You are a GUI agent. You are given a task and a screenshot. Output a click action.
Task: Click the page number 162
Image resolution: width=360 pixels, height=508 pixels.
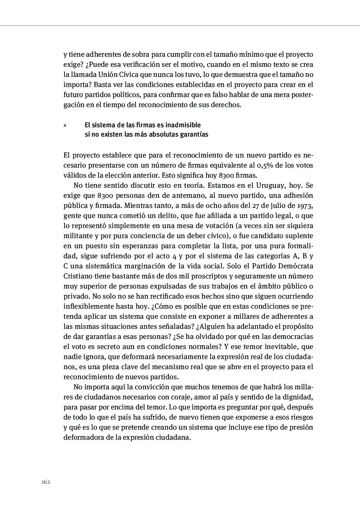(x=46, y=482)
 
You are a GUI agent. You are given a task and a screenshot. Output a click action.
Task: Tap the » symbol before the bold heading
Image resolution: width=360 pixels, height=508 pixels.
(x=65, y=125)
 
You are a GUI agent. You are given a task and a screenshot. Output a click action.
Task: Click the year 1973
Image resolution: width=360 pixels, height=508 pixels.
(x=305, y=206)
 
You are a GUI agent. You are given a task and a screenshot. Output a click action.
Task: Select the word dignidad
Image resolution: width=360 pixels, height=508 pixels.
(x=298, y=397)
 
